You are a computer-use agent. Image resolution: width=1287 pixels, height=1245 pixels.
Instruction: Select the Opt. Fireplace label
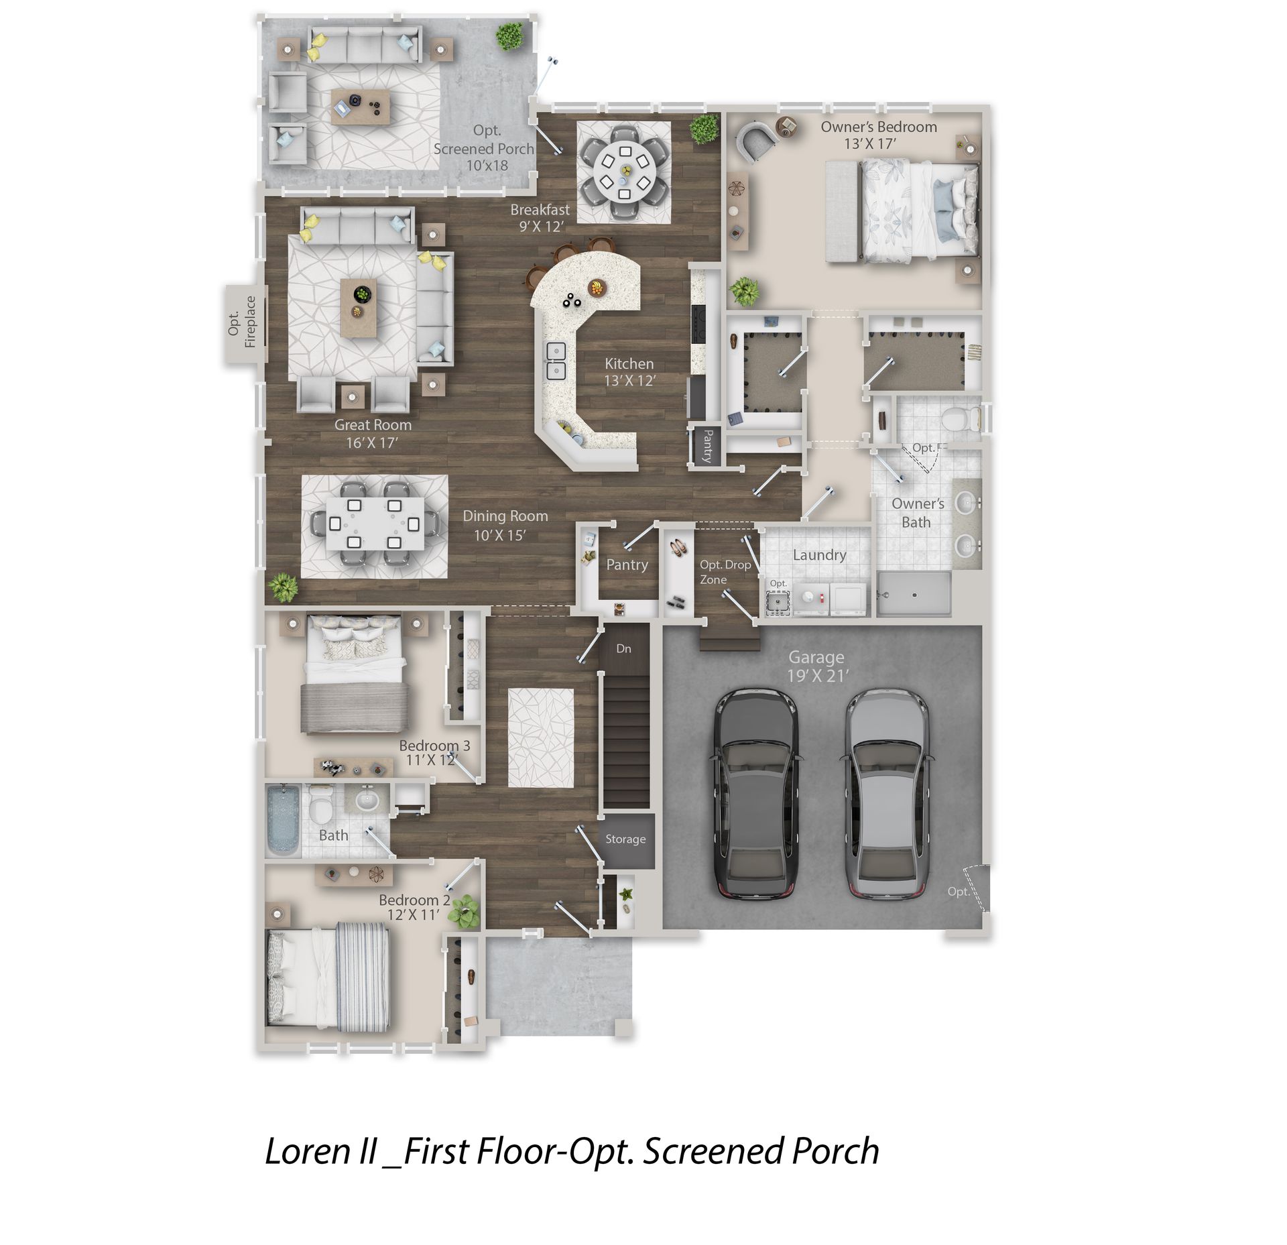click(242, 322)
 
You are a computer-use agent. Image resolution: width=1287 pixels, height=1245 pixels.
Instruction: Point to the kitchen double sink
click(556, 361)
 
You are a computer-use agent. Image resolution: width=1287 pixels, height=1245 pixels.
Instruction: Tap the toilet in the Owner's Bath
click(959, 419)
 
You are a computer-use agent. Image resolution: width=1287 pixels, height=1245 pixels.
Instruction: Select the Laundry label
click(819, 554)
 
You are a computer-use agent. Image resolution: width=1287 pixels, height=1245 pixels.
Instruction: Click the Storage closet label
click(625, 839)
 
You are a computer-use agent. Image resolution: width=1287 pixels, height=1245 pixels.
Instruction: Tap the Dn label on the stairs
click(623, 648)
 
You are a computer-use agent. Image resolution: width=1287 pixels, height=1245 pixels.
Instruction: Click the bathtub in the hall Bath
click(283, 820)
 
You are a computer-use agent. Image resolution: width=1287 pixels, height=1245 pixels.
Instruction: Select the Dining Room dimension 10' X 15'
click(499, 535)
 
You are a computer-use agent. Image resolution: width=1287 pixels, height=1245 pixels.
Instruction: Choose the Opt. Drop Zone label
click(725, 572)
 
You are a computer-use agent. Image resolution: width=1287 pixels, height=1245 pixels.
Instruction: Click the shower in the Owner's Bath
click(914, 594)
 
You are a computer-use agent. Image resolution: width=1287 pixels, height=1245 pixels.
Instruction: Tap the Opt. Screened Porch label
click(484, 147)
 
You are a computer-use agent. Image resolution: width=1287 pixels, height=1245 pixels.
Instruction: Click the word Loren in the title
click(310, 1151)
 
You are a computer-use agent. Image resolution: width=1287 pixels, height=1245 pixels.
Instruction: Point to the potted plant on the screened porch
click(511, 36)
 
